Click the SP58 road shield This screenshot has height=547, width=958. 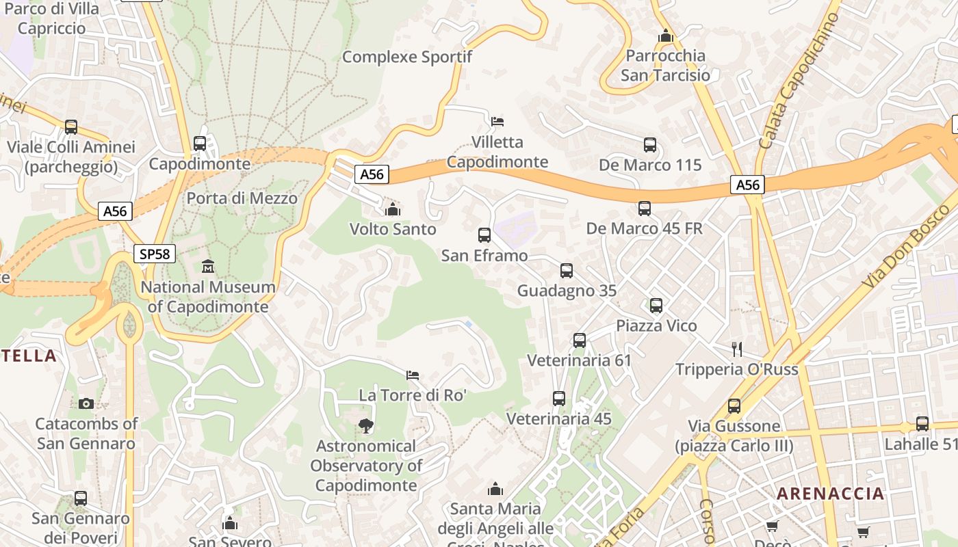coord(155,254)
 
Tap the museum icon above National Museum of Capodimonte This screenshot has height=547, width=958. coord(208,266)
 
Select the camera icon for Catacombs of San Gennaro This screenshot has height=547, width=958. coord(86,403)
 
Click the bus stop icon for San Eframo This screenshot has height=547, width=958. coord(484,235)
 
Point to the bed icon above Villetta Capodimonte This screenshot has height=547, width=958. coord(497,122)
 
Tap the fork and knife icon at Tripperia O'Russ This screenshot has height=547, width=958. coord(737,349)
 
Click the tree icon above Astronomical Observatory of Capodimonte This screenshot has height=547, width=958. coord(366,426)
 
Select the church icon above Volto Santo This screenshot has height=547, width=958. coord(393,209)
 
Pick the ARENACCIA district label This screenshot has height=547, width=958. coord(830,494)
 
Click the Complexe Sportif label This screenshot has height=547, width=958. coord(407,57)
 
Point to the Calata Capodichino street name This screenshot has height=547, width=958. coord(799,81)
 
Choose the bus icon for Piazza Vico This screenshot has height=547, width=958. coord(656,305)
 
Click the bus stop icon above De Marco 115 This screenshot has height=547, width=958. coord(650,145)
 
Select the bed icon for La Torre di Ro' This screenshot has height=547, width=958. coord(413,375)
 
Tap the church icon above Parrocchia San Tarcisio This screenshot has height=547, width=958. coord(665,36)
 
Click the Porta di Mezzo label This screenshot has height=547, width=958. coord(242,198)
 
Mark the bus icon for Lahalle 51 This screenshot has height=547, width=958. coord(922,424)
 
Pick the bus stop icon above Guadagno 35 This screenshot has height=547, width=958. coord(567,270)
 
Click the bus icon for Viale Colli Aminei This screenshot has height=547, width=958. coord(71,126)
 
